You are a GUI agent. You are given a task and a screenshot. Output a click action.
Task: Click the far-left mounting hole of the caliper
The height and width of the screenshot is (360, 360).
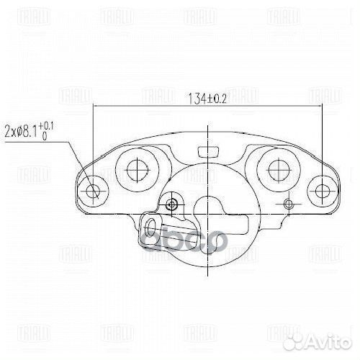pos(92,191)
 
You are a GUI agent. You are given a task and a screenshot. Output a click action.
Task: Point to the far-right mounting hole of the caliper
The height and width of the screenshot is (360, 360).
pos(320,191)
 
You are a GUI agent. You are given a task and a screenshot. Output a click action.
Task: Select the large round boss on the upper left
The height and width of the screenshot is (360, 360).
pos(135,169)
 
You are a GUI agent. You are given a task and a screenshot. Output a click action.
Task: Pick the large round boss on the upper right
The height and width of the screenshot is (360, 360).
pos(278,169)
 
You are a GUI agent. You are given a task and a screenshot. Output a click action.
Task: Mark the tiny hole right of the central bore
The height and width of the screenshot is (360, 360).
pos(288,204)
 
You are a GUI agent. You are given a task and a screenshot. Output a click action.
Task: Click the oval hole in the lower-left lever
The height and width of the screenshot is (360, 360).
pos(151,230)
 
